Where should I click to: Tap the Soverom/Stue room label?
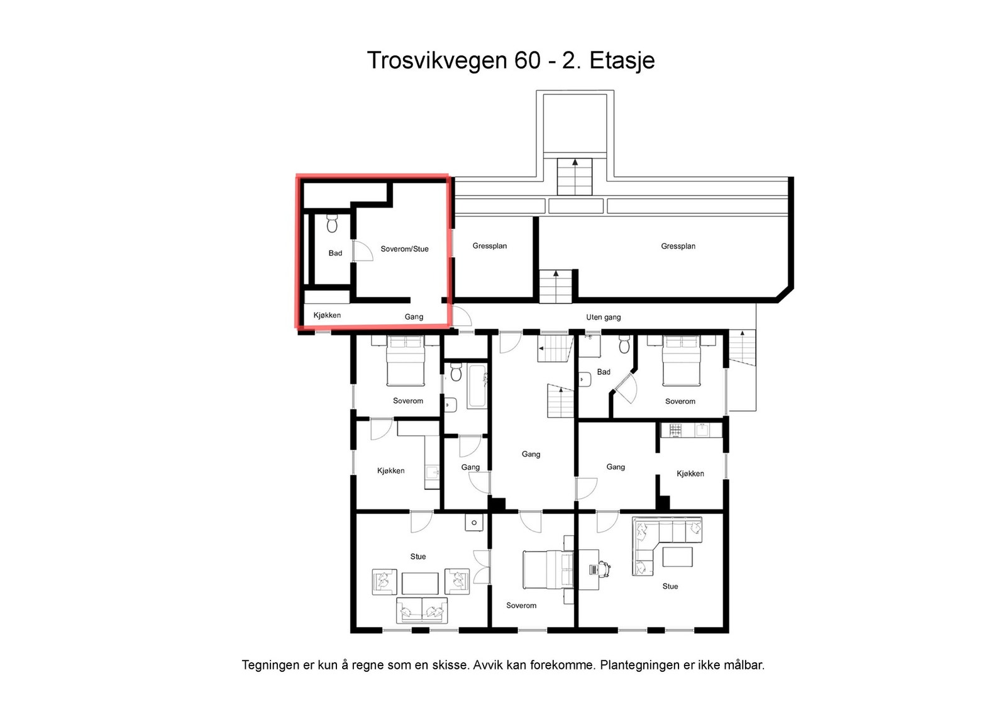pos(404,249)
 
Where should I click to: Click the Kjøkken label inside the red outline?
pos(327,315)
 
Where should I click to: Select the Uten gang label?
pos(603,317)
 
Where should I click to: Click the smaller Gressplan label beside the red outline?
pos(489,246)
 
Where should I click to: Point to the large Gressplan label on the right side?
pos(678,246)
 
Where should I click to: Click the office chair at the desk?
pos(604,569)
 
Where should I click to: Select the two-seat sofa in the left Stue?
pos(422,610)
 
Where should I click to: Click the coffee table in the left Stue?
pos(420,583)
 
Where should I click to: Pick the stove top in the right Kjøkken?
pos(675,430)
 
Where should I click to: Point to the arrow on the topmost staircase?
pos(575,163)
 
